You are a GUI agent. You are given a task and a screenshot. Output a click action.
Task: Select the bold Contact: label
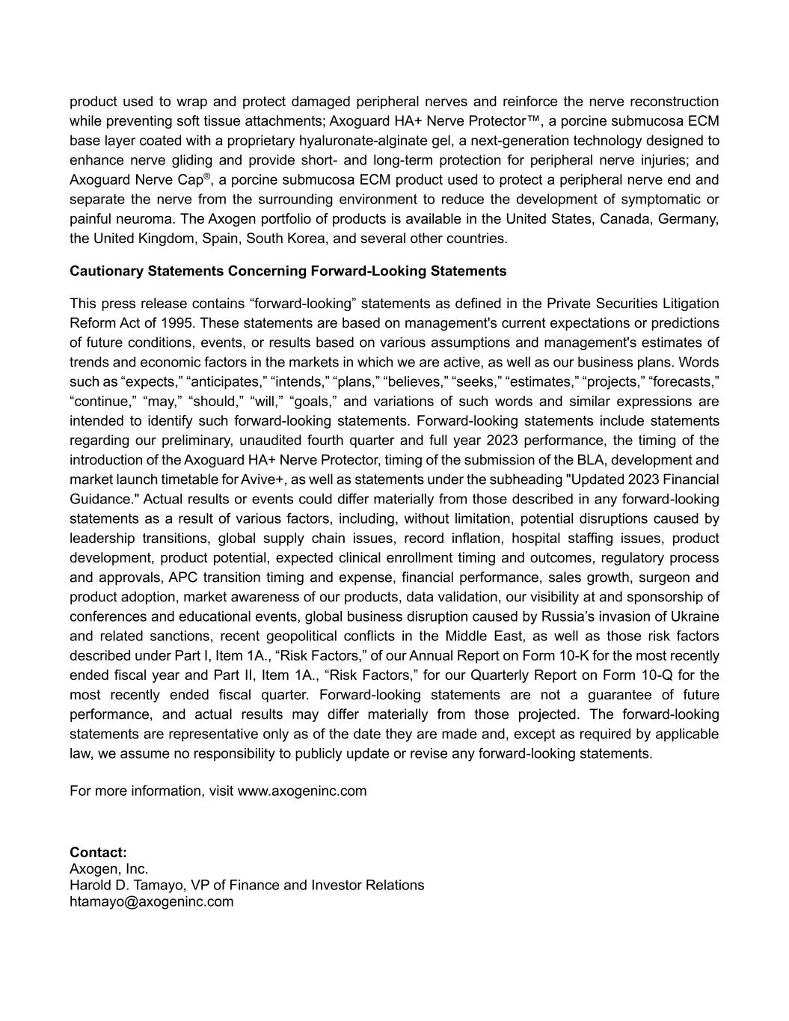click(x=98, y=852)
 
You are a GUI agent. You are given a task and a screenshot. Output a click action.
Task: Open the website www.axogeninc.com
click(x=302, y=791)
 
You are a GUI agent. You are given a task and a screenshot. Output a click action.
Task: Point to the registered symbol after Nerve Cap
click(x=207, y=176)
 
